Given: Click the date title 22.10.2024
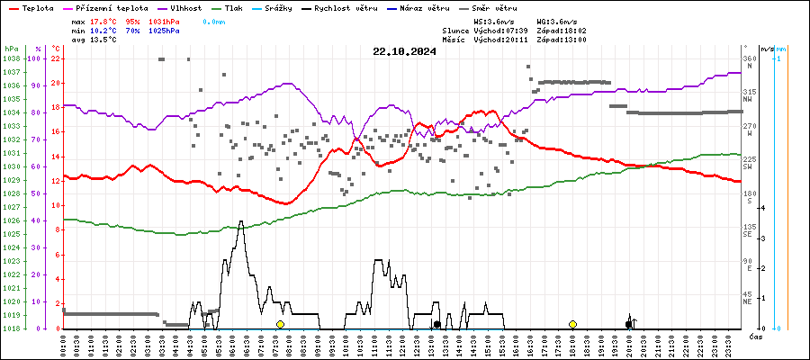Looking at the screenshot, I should pyautogui.click(x=404, y=51).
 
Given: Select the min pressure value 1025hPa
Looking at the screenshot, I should pyautogui.click(x=165, y=31).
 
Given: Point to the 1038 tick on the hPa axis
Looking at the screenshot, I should pyautogui.click(x=11, y=58).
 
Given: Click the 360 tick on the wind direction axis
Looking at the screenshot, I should pyautogui.click(x=749, y=58).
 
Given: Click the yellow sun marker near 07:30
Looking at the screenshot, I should pyautogui.click(x=280, y=324).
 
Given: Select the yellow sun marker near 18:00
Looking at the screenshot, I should pyautogui.click(x=572, y=324).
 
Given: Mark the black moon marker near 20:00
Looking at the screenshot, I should pyautogui.click(x=629, y=324).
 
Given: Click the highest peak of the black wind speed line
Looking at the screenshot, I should pyautogui.click(x=240, y=221).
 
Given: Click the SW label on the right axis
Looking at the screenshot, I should pyautogui.click(x=747, y=166).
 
